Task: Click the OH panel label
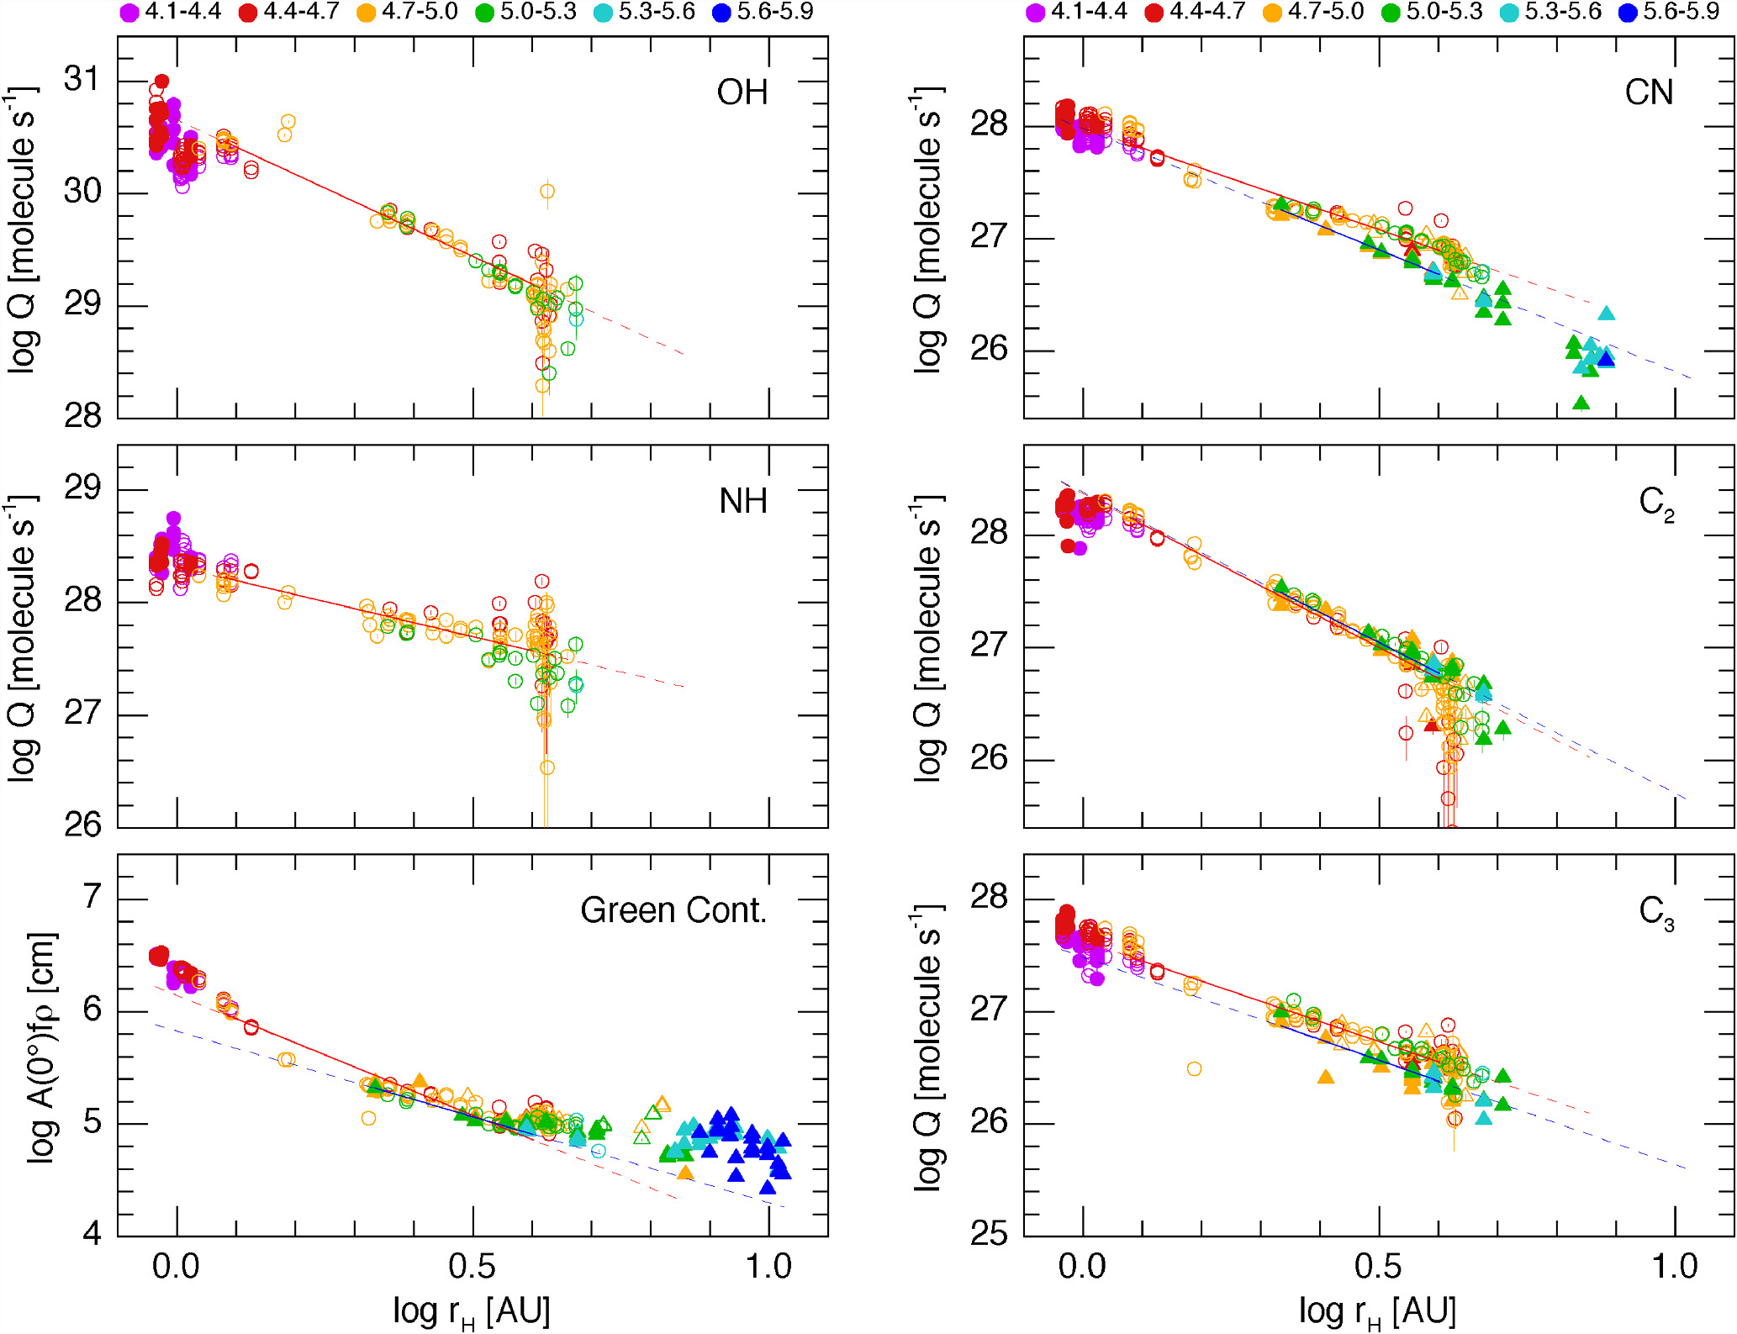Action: pyautogui.click(x=742, y=92)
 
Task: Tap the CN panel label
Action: pyautogui.click(x=1648, y=92)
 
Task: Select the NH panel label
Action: pyautogui.click(x=742, y=502)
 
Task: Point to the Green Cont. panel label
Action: pyautogui.click(x=673, y=910)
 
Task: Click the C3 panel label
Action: pyautogui.click(x=1655, y=912)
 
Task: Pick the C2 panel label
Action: pyautogui.click(x=1655, y=504)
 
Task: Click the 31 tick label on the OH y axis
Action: pyautogui.click(x=82, y=79)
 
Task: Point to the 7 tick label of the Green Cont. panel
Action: pyautogui.click(x=92, y=897)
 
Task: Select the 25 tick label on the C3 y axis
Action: pyautogui.click(x=989, y=1234)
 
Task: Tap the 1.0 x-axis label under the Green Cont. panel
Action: pyautogui.click(x=768, y=1267)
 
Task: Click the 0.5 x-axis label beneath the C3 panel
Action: pyautogui.click(x=1378, y=1267)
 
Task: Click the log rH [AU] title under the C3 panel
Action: pyautogui.click(x=1378, y=1311)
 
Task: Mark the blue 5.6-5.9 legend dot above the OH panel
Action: pyautogui.click(x=721, y=13)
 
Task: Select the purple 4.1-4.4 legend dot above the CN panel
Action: pyautogui.click(x=1035, y=13)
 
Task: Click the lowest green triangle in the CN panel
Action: pyautogui.click(x=1581, y=403)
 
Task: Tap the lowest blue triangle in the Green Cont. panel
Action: pyautogui.click(x=767, y=1187)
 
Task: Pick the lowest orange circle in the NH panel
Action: pyautogui.click(x=547, y=767)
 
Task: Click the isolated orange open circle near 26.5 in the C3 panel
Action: pyautogui.click(x=1194, y=1069)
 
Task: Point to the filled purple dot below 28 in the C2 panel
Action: pyautogui.click(x=1080, y=549)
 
